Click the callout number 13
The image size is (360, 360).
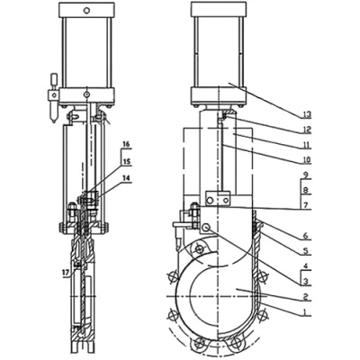point(307,114)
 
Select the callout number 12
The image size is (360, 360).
point(307,130)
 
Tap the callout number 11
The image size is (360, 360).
point(307,146)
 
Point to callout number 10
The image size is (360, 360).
point(307,160)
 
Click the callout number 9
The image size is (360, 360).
point(305,175)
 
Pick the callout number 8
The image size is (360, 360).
point(305,191)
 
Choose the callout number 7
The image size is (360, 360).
point(305,205)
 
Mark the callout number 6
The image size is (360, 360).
point(305,236)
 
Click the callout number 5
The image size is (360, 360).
point(305,251)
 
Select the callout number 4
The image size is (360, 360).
point(305,266)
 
